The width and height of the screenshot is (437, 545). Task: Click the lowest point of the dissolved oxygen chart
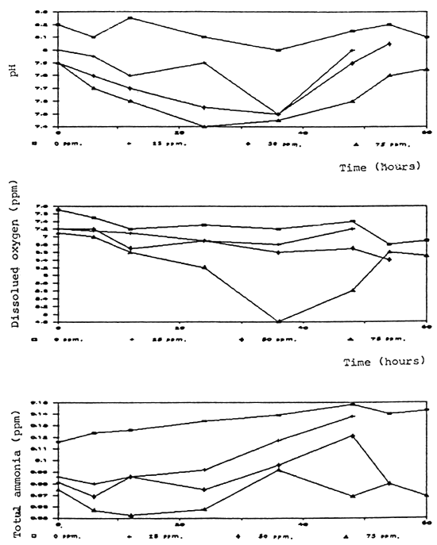point(278,321)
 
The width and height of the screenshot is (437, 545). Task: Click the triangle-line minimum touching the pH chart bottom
point(204,126)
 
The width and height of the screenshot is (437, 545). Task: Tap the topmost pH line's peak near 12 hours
point(130,18)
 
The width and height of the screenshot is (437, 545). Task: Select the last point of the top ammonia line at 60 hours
point(427,409)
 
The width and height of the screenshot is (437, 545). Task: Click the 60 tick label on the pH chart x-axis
point(427,132)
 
